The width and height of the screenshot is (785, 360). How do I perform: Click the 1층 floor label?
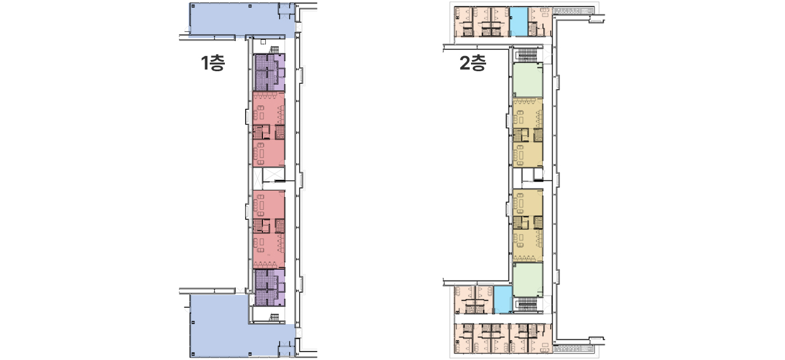[x=213, y=63]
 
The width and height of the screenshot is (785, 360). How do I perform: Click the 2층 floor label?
[x=473, y=63]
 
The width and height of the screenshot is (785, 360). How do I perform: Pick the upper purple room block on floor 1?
[x=269, y=72]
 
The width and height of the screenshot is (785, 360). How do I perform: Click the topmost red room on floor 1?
[x=269, y=108]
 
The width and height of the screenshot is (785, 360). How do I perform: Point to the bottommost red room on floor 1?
[x=269, y=251]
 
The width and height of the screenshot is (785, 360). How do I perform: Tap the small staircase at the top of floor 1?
[x=274, y=49]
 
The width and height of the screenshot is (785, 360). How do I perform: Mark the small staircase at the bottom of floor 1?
[x=274, y=317]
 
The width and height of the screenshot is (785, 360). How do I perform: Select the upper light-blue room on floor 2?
[x=519, y=22]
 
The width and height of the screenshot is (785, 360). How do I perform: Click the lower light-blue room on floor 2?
[x=503, y=299]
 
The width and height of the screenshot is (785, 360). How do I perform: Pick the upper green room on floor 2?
[x=528, y=80]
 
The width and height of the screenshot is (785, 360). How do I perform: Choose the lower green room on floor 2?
[x=528, y=280]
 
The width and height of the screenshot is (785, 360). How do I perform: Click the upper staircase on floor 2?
[x=528, y=55]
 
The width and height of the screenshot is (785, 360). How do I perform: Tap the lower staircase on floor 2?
[x=528, y=305]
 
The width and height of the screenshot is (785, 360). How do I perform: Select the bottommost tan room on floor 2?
[x=528, y=246]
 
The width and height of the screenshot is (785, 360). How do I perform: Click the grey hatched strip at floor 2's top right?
[x=573, y=11]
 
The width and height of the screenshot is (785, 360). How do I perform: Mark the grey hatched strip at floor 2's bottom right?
[x=573, y=349]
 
